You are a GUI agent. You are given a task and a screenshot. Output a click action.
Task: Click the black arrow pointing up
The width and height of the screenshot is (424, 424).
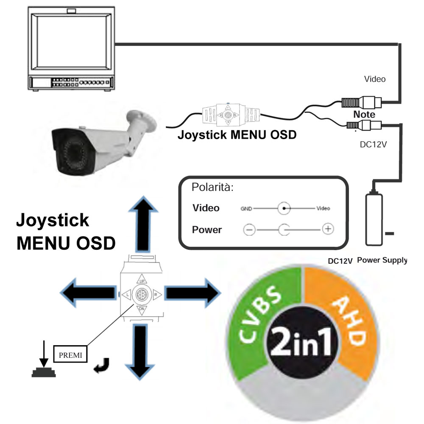click(x=141, y=225)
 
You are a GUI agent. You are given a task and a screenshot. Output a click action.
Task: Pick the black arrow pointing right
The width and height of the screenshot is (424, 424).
click(x=190, y=293)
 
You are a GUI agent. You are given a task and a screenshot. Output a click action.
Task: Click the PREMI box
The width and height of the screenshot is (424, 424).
click(x=70, y=353)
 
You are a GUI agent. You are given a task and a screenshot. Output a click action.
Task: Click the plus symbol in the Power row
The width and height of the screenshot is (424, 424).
click(x=327, y=229)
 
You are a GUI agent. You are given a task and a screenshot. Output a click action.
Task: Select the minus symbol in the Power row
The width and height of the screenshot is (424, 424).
click(x=249, y=230)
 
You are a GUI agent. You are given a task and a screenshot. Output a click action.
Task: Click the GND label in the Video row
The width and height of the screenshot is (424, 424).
click(x=247, y=209)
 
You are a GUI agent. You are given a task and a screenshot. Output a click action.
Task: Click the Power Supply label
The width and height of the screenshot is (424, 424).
click(x=382, y=260)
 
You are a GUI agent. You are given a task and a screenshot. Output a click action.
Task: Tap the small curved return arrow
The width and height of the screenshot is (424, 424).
click(x=103, y=365)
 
